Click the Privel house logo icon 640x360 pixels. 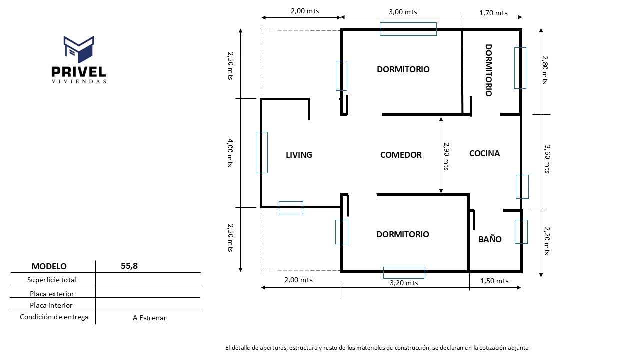(x=79, y=49)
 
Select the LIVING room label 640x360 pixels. (x=299, y=155)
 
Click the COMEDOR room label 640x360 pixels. (x=401, y=155)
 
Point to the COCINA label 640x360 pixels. (x=484, y=153)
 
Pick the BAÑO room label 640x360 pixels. (x=490, y=239)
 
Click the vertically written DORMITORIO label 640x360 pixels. (x=489, y=70)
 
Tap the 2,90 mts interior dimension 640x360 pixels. (x=446, y=155)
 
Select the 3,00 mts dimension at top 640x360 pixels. (x=403, y=12)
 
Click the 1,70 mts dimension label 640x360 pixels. (x=493, y=13)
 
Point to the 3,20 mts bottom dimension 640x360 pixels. (x=404, y=283)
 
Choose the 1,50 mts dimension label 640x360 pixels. (x=494, y=281)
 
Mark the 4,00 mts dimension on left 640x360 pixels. (x=230, y=152)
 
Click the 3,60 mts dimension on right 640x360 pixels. (x=547, y=159)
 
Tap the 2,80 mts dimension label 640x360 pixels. (x=545, y=69)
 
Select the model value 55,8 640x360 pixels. (x=129, y=266)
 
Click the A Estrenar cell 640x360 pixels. (x=150, y=318)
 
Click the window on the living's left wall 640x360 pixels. (x=261, y=152)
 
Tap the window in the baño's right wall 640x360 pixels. (x=521, y=232)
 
